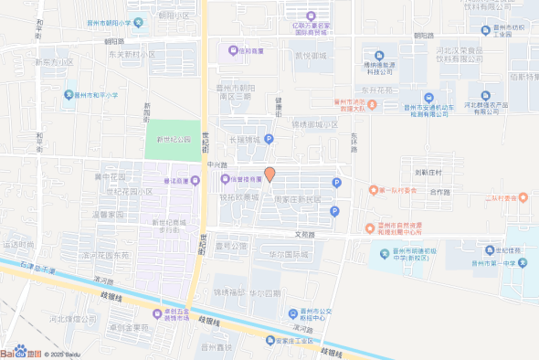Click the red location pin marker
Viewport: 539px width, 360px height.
[269, 174]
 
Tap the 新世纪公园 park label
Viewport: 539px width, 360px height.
[173, 140]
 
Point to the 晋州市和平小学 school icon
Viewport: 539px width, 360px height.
[69, 95]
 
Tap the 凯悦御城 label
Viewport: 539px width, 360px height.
[310, 56]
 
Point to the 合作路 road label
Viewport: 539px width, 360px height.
[440, 192]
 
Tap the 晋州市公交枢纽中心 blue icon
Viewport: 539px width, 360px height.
[293, 312]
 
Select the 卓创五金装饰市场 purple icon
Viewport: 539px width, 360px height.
[157, 315]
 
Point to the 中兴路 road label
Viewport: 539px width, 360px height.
[217, 164]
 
